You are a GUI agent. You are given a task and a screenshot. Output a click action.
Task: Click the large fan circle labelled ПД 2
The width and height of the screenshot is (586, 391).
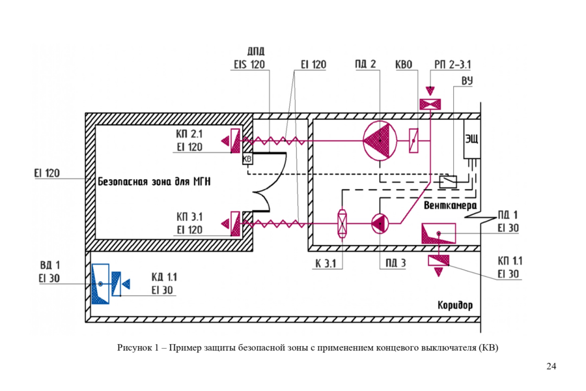coord(380,141)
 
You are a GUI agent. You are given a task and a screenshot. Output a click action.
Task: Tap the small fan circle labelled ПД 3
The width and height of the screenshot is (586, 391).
coord(380,224)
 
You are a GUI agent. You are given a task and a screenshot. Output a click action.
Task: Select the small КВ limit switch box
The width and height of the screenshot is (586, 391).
coord(247,158)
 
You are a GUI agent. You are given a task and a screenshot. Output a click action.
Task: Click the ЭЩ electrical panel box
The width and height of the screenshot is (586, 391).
coord(471,139)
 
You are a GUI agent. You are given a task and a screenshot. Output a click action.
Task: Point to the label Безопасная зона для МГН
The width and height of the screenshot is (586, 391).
coord(154,182)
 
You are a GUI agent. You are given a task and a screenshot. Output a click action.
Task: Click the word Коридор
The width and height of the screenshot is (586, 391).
coord(455,306)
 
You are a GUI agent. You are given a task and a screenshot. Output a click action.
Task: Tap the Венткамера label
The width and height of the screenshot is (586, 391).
coord(451,205)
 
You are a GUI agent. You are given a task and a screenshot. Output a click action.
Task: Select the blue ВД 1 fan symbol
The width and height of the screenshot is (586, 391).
coord(100,284)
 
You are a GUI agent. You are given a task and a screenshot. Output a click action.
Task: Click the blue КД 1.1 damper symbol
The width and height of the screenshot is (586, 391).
coord(120,284)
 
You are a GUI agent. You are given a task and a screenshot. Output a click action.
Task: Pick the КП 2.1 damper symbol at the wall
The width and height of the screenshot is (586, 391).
coord(231,141)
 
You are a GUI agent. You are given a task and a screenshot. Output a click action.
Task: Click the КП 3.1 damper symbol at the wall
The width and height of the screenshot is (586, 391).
coord(231,224)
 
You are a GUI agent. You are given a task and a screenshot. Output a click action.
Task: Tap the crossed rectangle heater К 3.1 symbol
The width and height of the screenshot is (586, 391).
coord(342,224)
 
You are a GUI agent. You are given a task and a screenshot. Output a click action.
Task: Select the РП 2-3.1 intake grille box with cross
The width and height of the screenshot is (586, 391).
coord(430,104)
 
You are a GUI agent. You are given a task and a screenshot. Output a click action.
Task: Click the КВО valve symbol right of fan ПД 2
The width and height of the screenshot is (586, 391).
coord(413,141)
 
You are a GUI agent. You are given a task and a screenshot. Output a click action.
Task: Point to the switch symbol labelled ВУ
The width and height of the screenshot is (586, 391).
coord(448,182)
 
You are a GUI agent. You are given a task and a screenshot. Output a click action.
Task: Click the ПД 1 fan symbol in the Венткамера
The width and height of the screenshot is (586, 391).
coord(438,233)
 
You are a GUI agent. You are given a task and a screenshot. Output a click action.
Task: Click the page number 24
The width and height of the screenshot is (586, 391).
coord(551,366)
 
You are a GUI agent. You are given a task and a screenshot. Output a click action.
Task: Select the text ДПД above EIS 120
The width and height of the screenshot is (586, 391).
coord(256,51)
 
